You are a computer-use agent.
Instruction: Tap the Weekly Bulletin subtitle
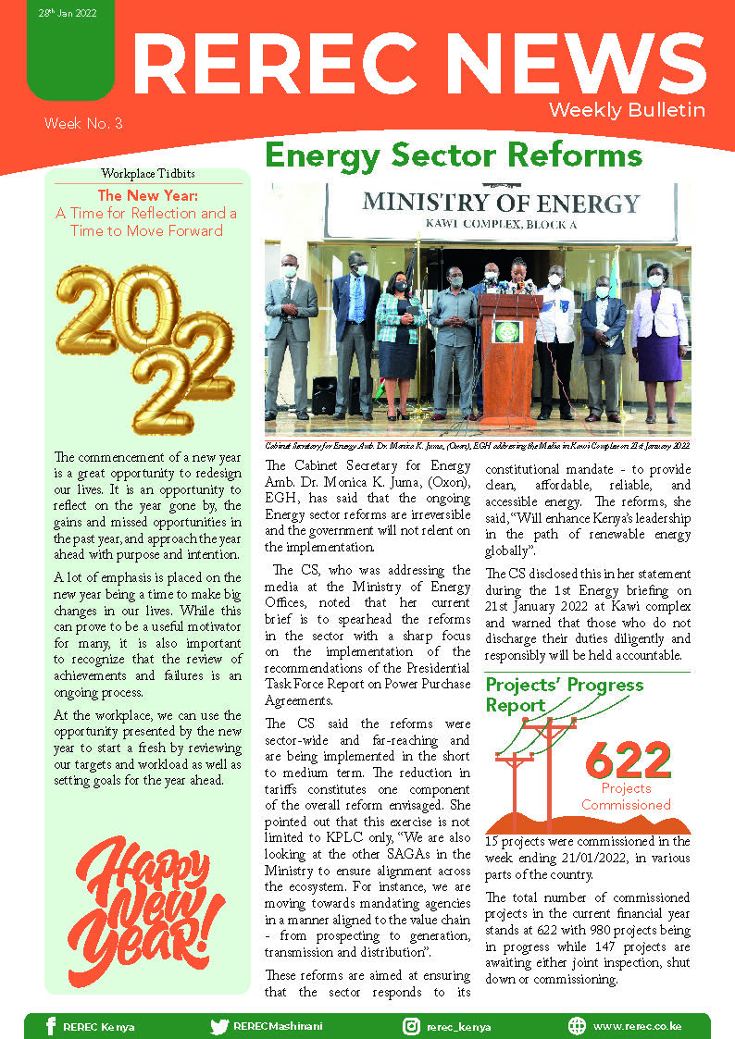tap(627, 110)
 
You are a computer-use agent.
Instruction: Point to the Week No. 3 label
tap(83, 123)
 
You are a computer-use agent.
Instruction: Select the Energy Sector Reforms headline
tap(454, 154)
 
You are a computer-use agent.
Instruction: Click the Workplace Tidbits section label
tap(148, 174)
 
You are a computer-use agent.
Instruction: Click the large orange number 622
tap(628, 761)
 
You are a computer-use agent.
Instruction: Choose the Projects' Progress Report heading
tap(564, 695)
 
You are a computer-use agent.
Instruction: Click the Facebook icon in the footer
tap(51, 1026)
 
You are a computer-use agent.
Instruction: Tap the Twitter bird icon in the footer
tap(219, 1026)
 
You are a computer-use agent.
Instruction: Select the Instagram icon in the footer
tap(411, 1026)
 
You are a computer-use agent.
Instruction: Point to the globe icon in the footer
tap(577, 1026)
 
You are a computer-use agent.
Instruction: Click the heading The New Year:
tap(147, 196)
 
